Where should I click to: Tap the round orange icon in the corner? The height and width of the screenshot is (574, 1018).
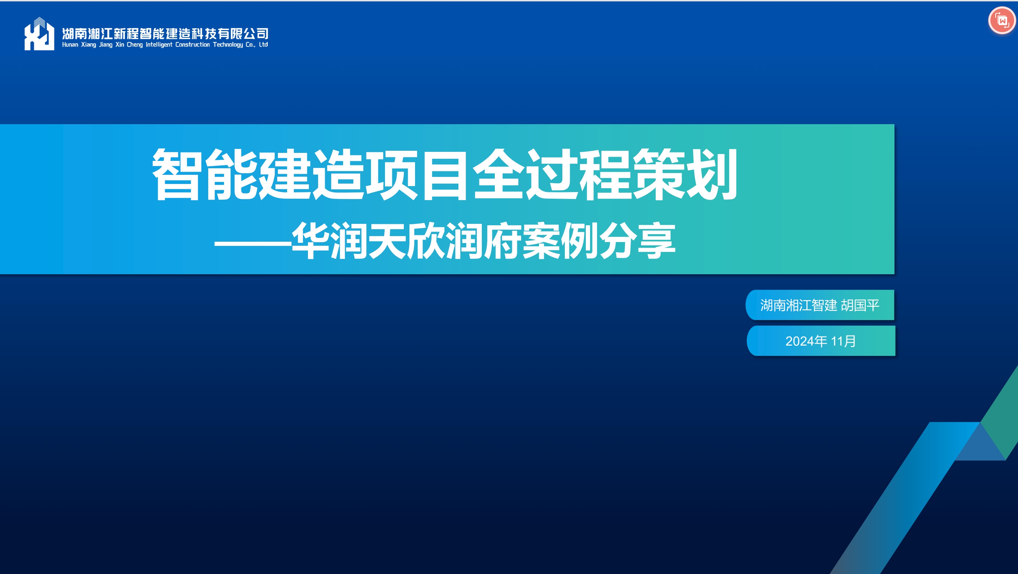coord(1002,21)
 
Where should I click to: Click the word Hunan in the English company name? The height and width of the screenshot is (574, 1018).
coord(70,45)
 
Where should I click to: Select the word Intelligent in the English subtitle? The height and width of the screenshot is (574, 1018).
coord(159,45)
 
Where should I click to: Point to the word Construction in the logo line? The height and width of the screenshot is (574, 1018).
coord(192,45)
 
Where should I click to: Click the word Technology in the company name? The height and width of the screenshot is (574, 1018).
coord(228,45)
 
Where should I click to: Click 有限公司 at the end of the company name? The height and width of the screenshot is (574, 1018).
coord(243,34)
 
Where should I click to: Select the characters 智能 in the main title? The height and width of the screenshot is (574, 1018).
coord(205,174)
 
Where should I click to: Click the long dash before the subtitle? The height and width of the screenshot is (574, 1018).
coord(253,242)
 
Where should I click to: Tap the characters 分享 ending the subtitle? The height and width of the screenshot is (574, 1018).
coord(638,241)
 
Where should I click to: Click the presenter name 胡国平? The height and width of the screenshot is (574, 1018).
coord(860,305)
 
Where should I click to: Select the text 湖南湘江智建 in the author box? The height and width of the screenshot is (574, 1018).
coord(799,305)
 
